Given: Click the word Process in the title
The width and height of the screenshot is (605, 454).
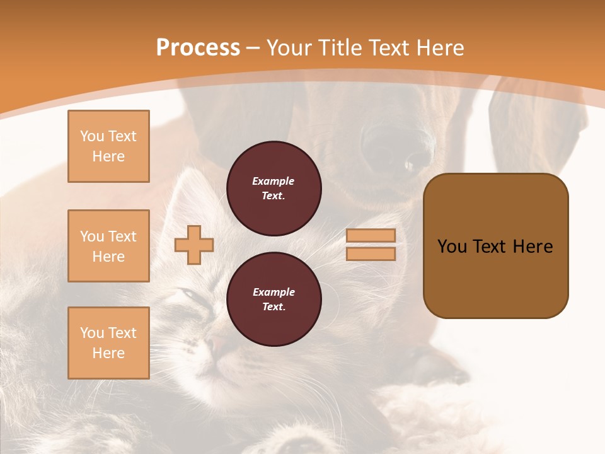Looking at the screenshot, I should click(x=198, y=48).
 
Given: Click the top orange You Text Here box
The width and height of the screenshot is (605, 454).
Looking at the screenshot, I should click(x=108, y=146).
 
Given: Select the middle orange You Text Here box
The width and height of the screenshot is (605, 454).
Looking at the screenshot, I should click(x=108, y=246).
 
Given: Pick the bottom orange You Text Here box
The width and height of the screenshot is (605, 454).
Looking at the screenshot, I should click(x=108, y=343).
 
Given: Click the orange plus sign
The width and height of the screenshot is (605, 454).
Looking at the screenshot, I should click(x=194, y=245).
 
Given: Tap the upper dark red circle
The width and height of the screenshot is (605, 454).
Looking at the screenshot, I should click(x=274, y=188).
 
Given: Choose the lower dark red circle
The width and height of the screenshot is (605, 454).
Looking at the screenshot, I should click(x=274, y=299).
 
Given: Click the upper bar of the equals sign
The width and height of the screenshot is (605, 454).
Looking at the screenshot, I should click(x=371, y=236).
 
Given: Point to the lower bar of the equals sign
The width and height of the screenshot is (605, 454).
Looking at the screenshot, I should click(x=371, y=254).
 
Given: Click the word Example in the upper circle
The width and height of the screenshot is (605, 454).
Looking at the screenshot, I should click(x=274, y=181).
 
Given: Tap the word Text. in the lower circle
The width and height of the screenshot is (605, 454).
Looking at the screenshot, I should click(x=274, y=306).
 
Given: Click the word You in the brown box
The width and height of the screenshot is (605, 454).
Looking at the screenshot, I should click(x=452, y=247).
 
